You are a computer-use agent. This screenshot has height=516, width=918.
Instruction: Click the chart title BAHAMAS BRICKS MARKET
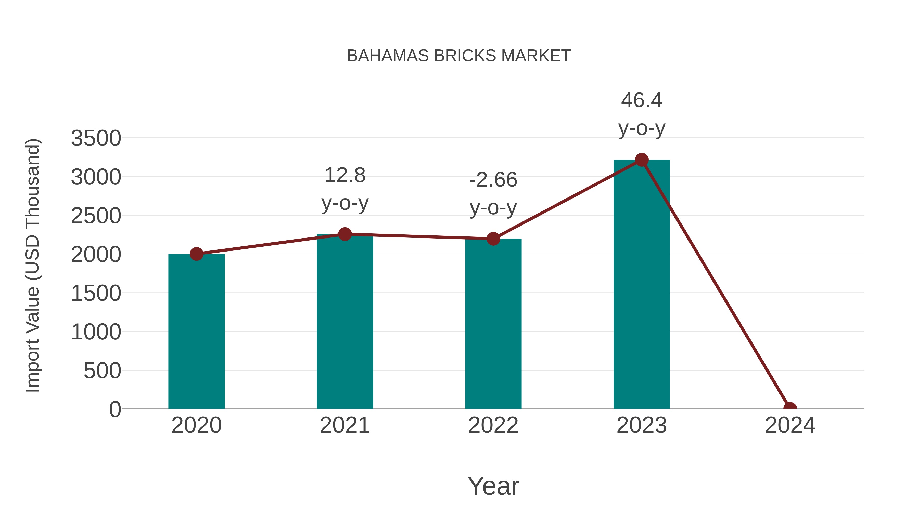point(459,56)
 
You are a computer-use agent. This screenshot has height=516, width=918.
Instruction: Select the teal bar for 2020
point(196,331)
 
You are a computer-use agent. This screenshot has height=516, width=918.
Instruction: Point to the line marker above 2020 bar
point(196,254)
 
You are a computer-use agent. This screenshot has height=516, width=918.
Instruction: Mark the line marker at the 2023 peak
point(642,160)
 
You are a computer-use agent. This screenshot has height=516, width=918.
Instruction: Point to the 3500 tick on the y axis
point(96,138)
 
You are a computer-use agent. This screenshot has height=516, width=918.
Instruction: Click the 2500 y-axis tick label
point(96,216)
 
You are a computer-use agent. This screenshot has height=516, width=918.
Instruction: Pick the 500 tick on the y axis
point(102,371)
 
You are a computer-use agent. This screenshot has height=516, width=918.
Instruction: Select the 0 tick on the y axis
point(115,409)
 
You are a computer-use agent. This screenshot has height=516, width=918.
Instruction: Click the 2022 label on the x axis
point(493,425)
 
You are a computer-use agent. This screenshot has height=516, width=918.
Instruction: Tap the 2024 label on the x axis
point(790,425)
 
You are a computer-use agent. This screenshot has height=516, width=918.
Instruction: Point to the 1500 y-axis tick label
point(96,294)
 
